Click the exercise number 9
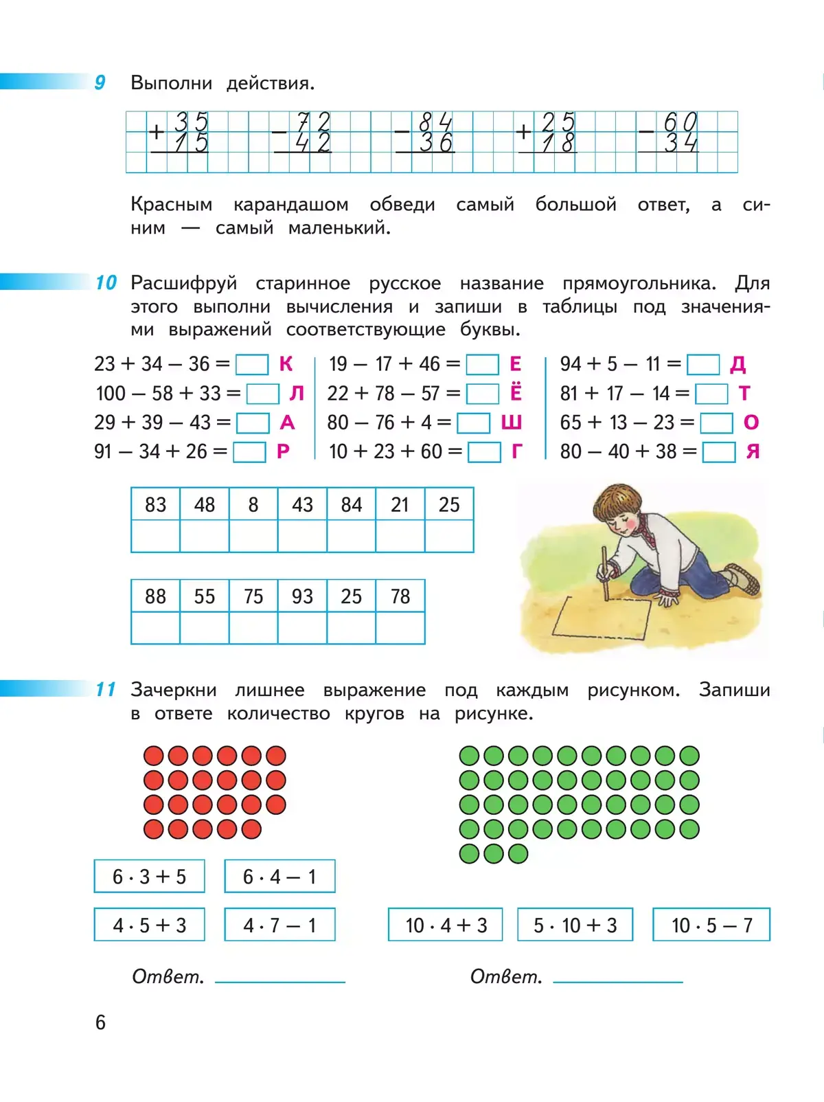[x=100, y=83]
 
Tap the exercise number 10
[x=106, y=282]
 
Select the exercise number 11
[x=105, y=689]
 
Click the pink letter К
[x=286, y=364]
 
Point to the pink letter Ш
[x=511, y=423]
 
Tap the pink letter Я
[x=753, y=452]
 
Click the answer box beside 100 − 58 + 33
[x=263, y=394]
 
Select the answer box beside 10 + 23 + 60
[x=484, y=452]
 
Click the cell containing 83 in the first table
[x=156, y=505]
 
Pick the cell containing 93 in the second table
[x=302, y=596]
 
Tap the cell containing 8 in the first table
[x=253, y=505]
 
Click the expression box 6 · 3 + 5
[x=150, y=877]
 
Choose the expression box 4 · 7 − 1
[x=279, y=925]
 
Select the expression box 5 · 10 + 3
[x=575, y=925]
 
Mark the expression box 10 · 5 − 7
[x=711, y=925]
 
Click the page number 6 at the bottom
[x=100, y=1022]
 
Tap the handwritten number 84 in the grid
[x=435, y=122]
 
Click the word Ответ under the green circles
[x=506, y=976]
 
